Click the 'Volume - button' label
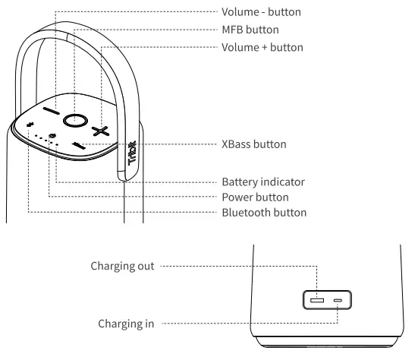click(260, 12)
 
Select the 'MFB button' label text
click(250, 30)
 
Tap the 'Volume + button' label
click(262, 47)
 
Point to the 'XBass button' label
click(253, 144)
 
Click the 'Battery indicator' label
click(262, 182)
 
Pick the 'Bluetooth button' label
click(263, 212)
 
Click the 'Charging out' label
click(122, 266)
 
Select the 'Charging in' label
click(126, 324)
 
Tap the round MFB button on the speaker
click(74, 120)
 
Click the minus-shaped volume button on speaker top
click(51, 111)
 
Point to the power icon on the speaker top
click(52, 136)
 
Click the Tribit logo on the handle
click(132, 155)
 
